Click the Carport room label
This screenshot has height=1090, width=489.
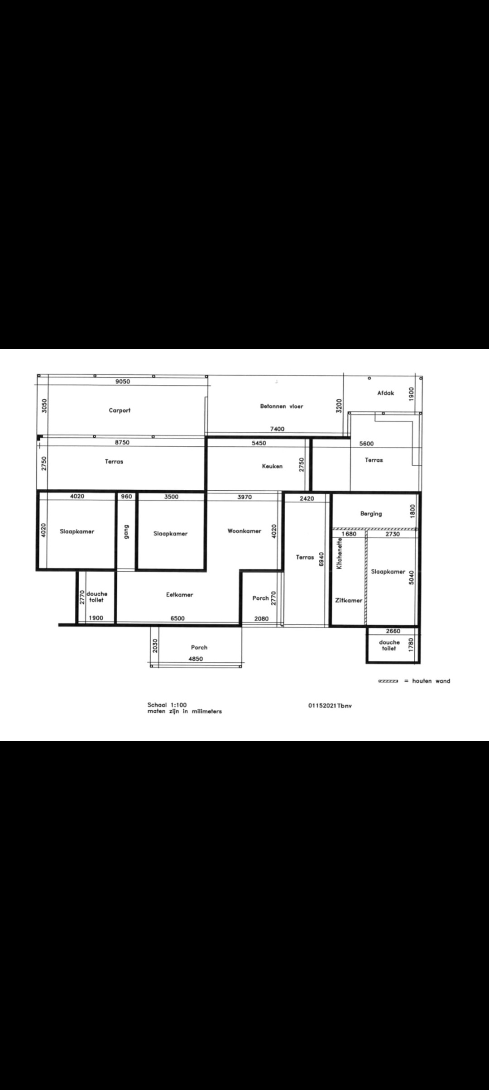click(120, 411)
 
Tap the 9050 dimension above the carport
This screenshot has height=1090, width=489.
click(123, 382)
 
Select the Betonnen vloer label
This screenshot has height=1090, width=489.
click(282, 406)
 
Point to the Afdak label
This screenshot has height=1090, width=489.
click(386, 393)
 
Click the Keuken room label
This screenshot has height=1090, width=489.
click(272, 466)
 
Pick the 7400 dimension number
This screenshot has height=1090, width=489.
click(277, 429)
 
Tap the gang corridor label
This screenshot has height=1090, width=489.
click(126, 532)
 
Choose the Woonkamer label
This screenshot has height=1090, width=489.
click(244, 531)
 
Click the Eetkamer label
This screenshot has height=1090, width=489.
click(180, 595)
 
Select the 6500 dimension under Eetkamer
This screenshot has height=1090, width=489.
click(177, 618)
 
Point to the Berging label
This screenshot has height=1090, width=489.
click(371, 514)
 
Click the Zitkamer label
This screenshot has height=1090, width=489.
click(349, 601)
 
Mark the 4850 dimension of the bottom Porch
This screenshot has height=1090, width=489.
click(196, 659)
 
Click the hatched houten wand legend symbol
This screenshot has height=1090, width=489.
click(388, 681)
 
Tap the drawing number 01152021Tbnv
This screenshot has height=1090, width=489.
click(330, 706)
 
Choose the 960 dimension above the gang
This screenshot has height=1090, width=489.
click(127, 497)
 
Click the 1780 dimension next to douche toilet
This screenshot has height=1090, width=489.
click(411, 644)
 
